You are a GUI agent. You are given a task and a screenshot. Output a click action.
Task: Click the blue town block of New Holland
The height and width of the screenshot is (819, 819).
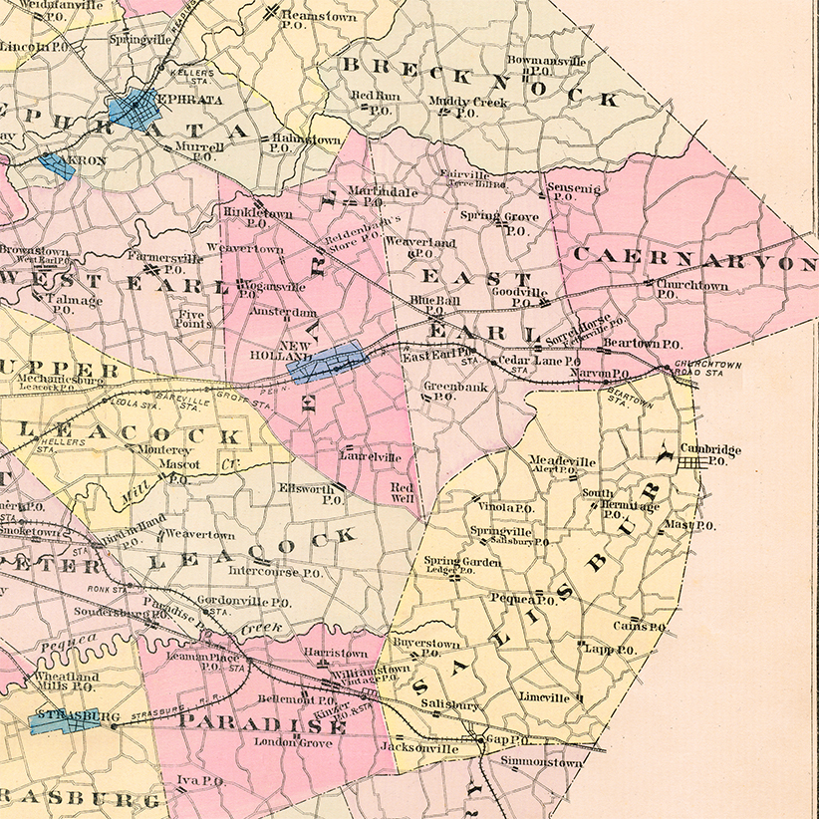(326, 361)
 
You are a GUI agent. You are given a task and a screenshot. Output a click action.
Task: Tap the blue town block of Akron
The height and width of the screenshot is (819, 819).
(58, 165)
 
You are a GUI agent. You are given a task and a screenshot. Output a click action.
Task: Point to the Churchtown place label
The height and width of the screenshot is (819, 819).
(691, 285)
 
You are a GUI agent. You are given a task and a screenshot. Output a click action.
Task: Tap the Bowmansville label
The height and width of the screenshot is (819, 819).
(547, 61)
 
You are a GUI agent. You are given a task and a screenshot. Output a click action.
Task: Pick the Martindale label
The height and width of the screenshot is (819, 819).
(379, 190)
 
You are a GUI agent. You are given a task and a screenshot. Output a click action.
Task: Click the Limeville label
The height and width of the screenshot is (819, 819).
(544, 698)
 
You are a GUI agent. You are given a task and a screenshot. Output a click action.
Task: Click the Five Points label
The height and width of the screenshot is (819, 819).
(191, 318)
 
